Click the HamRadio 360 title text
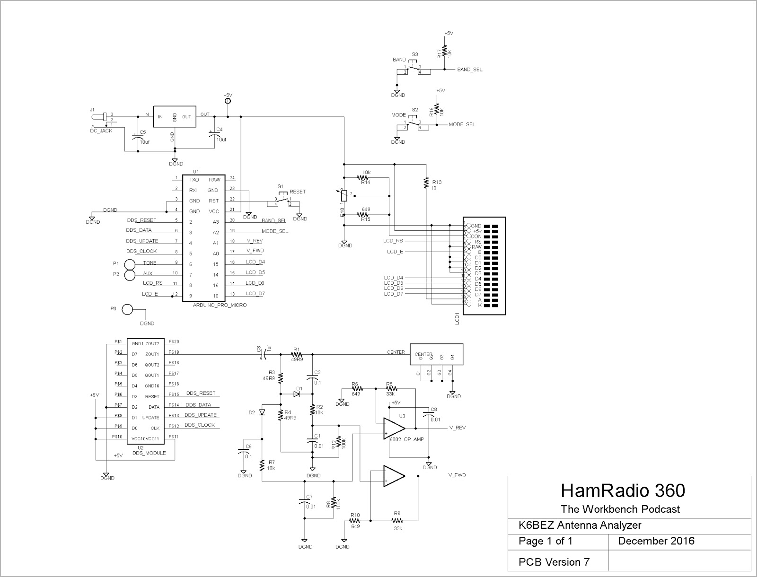(x=623, y=491)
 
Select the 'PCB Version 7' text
(x=554, y=562)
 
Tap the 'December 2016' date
(x=656, y=541)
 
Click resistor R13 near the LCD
(x=426, y=182)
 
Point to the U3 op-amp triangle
(x=394, y=428)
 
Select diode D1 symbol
(x=297, y=394)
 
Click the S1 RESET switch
(x=282, y=201)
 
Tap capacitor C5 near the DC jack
(x=137, y=138)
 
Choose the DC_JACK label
(x=101, y=131)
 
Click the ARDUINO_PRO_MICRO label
(x=220, y=306)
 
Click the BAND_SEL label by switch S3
(x=470, y=70)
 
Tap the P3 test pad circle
(x=127, y=310)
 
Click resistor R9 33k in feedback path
(x=396, y=521)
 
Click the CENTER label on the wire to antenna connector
(x=396, y=352)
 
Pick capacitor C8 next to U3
(x=429, y=415)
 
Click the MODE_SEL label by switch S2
(x=462, y=125)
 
